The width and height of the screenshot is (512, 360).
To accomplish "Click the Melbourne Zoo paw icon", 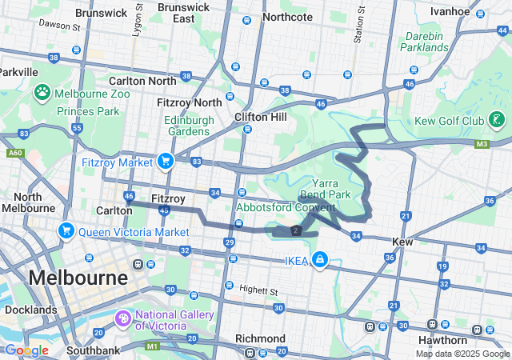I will click(x=42, y=93).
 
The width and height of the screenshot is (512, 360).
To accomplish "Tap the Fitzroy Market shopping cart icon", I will click(x=166, y=162).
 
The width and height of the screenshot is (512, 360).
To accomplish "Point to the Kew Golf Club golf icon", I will click(x=498, y=120).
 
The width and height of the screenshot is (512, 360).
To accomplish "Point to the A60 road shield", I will click(x=14, y=152).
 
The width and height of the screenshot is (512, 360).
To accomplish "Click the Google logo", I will click(x=26, y=350).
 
